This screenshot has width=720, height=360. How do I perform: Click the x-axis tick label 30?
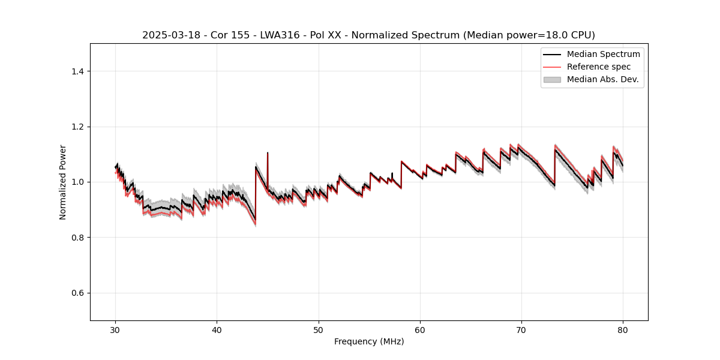116,329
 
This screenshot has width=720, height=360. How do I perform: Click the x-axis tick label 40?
217,329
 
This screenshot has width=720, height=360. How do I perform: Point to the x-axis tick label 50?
319,329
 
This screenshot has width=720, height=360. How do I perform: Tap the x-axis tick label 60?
420,329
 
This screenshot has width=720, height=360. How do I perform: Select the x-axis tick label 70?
521,329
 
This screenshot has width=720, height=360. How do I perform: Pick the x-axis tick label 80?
623,329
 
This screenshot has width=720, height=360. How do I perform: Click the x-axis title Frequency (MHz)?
369,341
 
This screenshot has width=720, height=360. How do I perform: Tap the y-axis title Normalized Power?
63,182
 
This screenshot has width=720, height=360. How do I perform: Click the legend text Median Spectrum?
603,54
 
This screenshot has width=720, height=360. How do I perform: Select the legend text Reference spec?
598,67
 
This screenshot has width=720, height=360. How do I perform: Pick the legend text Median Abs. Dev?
602,79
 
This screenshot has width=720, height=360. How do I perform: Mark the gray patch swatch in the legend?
552,79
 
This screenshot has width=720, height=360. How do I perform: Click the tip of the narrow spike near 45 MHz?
268,153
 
